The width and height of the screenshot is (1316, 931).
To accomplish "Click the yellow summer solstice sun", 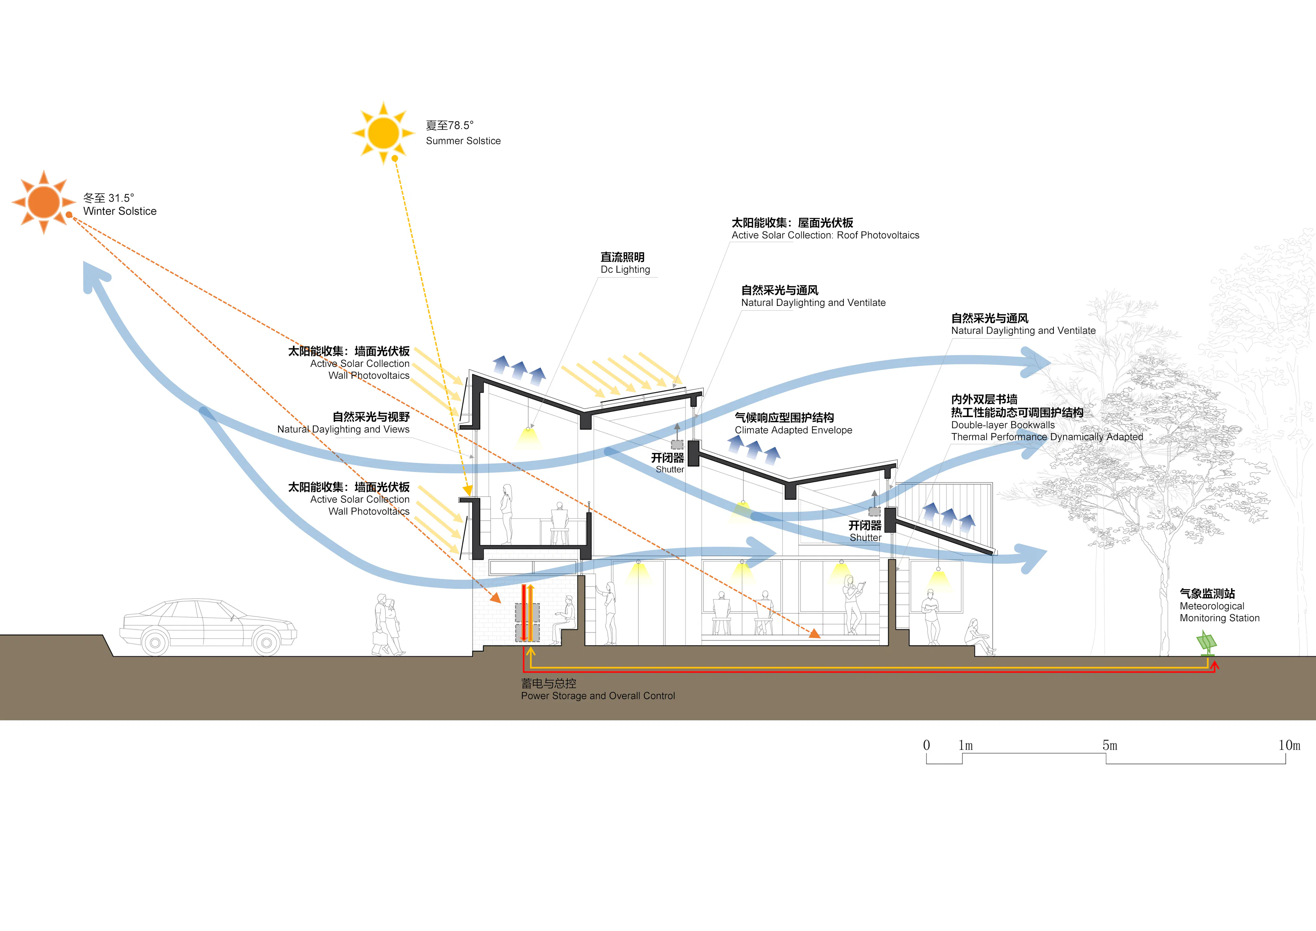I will coord(383,133).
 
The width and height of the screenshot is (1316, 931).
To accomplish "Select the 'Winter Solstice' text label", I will coord(120,211).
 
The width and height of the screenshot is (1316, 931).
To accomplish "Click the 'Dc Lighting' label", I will coord(625,270).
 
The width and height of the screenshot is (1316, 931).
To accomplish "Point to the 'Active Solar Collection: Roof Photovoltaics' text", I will coord(825,235).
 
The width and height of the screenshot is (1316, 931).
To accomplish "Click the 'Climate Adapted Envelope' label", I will coord(793,430).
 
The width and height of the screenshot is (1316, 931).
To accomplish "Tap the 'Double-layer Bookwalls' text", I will coord(1002,425).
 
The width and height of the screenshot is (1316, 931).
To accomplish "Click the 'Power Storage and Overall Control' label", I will coord(598,696).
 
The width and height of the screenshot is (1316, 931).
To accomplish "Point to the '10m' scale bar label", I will coord(1289,745).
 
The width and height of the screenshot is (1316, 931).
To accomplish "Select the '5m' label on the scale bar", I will coord(1110,745).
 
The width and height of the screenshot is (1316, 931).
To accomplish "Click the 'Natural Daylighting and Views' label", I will coord(343,429).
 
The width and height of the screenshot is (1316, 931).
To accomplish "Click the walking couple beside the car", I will coord(388,625).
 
